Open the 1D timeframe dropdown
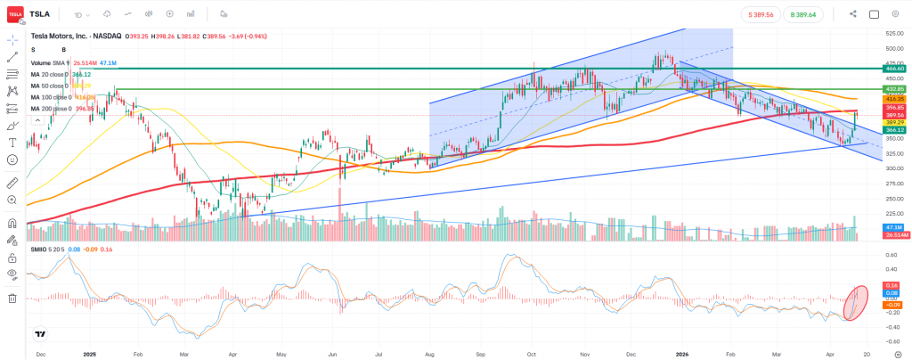click(81, 14)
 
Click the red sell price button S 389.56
click(760, 14)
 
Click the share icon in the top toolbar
click(853, 14)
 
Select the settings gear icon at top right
click(895, 14)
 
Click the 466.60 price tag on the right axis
click(893, 68)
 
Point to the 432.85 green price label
click(893, 90)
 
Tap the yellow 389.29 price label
click(893, 122)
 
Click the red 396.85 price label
click(893, 108)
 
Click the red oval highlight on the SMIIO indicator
click(855, 302)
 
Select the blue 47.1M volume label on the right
click(893, 228)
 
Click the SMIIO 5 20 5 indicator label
click(48, 250)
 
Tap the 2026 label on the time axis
click(679, 353)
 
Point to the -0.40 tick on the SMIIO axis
click(891, 326)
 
